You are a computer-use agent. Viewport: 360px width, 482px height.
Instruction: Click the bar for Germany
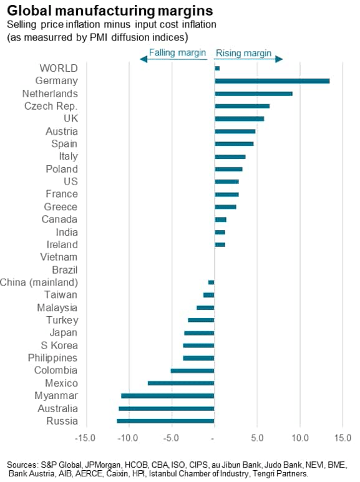[272, 81]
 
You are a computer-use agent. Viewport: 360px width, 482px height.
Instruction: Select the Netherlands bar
[253, 94]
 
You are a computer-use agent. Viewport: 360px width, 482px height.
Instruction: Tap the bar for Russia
[165, 422]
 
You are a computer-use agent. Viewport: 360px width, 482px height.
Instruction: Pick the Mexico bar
[181, 383]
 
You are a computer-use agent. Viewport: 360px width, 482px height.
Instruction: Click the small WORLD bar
[217, 68]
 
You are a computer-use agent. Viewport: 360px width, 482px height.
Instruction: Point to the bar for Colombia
[192, 371]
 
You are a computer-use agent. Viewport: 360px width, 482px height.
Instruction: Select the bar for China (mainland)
[211, 282]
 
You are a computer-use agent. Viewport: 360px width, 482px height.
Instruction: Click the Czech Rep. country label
[51, 106]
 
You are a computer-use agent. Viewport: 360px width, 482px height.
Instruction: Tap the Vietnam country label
[59, 257]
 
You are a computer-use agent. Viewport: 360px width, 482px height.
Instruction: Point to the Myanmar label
[57, 396]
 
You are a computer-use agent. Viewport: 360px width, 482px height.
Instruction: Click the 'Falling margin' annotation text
[177, 53]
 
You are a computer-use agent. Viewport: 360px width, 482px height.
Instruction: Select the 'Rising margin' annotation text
[243, 53]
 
